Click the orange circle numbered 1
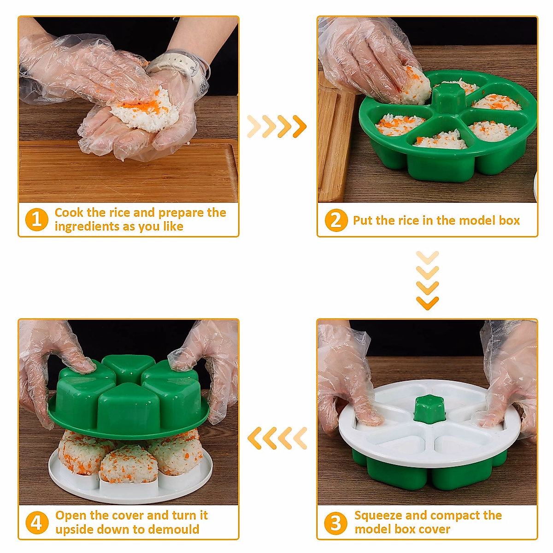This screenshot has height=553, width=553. point(37,219)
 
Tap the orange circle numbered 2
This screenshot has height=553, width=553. point(336,220)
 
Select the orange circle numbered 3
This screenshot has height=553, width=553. point(335,523)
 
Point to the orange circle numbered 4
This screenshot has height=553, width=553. point(37,523)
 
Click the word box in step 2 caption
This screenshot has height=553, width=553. point(509,221)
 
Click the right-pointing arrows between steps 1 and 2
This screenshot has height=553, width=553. point(276,126)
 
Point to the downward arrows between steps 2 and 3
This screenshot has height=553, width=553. point(427,280)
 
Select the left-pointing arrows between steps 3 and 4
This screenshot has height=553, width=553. point(277,438)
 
